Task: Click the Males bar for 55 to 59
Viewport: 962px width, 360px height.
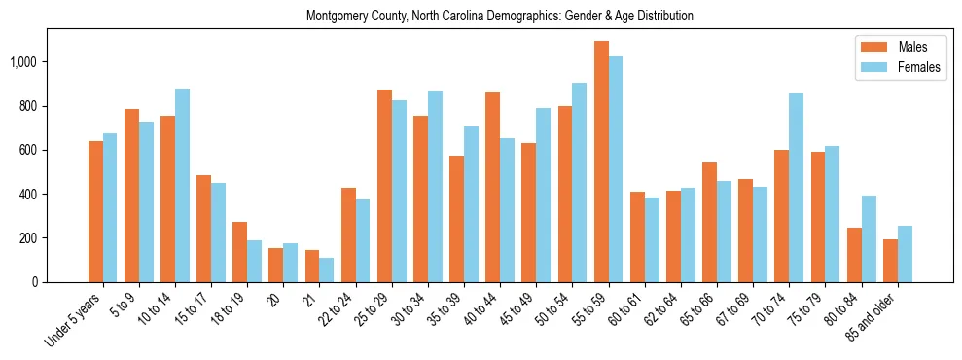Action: click(x=601, y=162)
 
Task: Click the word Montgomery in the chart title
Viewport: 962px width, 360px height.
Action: click(x=335, y=17)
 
